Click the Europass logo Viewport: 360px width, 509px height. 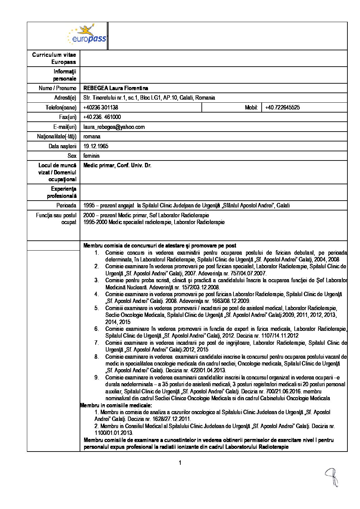tap(87, 35)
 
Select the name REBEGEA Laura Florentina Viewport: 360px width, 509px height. tap(116, 88)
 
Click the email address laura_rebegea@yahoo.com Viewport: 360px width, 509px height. tap(114, 127)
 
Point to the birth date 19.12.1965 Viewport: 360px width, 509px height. tap(96, 146)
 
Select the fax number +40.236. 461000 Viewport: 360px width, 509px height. tap(102, 117)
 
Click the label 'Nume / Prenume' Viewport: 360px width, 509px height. tap(58, 88)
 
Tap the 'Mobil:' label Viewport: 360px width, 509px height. tap(251, 108)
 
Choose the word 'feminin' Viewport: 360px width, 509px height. tap(91, 156)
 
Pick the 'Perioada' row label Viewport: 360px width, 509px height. tap(66, 205)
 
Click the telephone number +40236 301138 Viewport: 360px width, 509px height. tap(101, 108)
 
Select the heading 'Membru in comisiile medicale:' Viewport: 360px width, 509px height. tap(116, 405)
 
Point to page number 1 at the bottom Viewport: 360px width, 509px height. tap(180, 463)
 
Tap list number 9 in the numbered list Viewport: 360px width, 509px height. tap(97, 377)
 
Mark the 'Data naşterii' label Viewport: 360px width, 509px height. tap(63, 146)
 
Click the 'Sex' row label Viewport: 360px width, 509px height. tap(72, 156)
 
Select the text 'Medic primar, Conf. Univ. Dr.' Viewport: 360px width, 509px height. tap(117, 166)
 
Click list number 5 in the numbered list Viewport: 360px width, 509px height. tap(97, 308)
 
